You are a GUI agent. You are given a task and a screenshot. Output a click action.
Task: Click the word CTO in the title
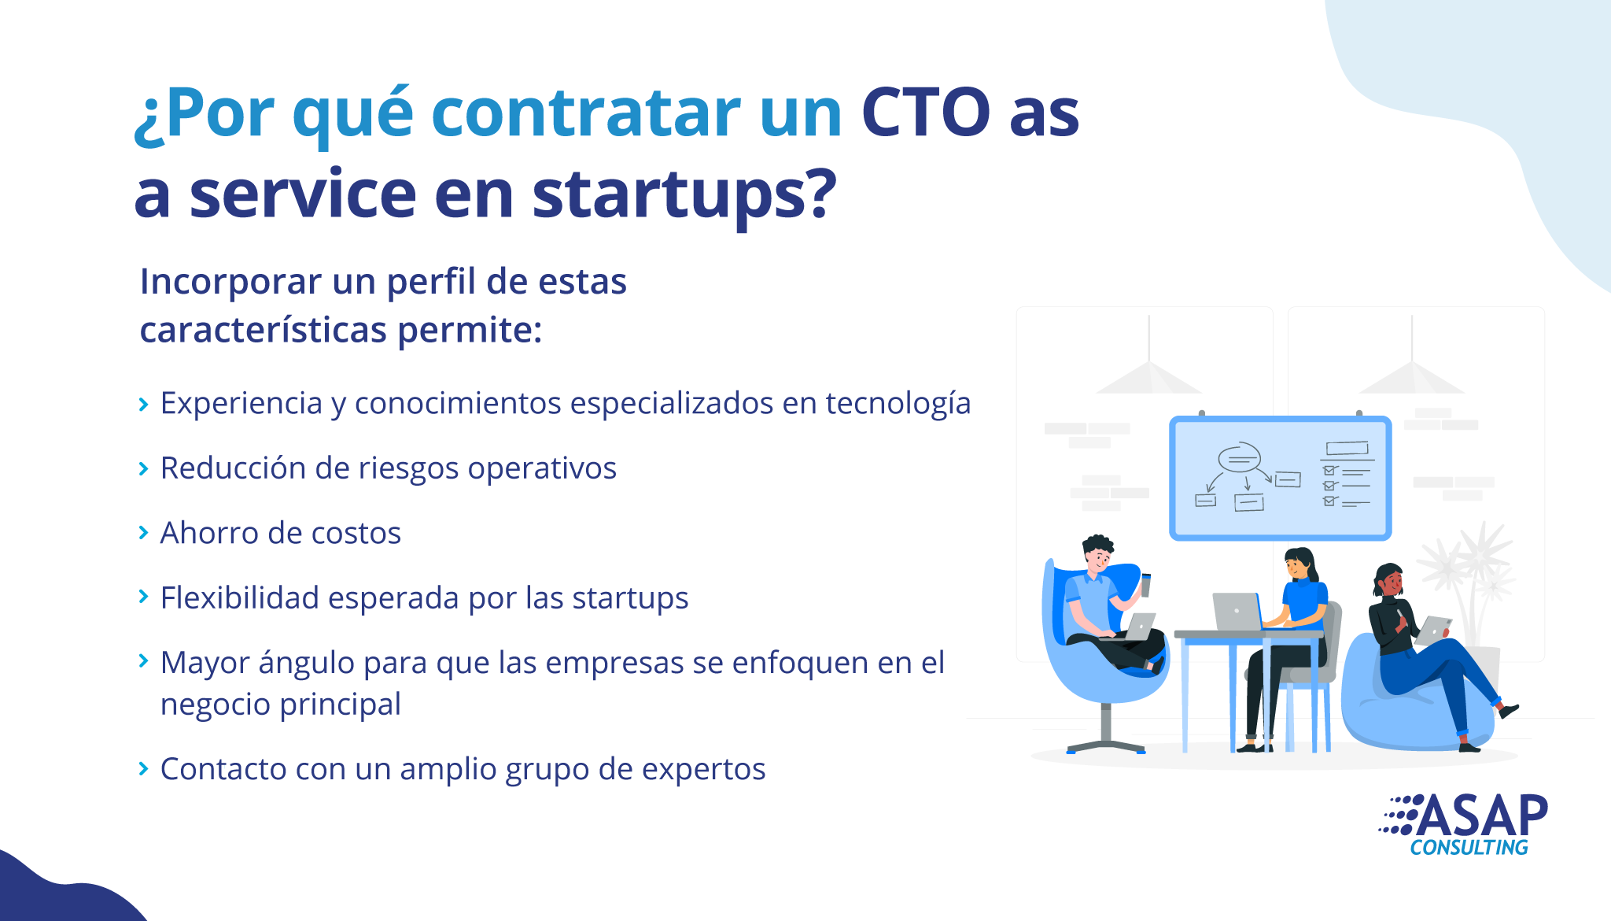pyautogui.click(x=926, y=112)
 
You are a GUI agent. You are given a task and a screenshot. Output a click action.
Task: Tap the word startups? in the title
pyautogui.click(x=684, y=194)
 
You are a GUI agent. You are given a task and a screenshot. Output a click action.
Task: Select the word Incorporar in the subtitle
pyautogui.click(x=230, y=282)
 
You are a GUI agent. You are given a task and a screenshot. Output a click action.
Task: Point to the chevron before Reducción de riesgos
pyautogui.click(x=143, y=469)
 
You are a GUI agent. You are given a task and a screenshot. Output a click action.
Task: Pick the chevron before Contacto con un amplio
pyautogui.click(x=143, y=768)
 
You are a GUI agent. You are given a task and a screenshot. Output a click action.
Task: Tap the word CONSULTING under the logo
pyautogui.click(x=1469, y=848)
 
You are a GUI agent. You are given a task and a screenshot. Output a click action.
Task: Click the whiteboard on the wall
pyautogui.click(x=1281, y=478)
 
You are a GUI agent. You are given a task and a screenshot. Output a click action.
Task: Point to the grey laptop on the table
pyautogui.click(x=1237, y=612)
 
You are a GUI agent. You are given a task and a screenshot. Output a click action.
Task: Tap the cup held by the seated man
pyautogui.click(x=1145, y=585)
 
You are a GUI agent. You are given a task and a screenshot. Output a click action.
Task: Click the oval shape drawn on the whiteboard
pyautogui.click(x=1239, y=457)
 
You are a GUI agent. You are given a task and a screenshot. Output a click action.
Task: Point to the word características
pyautogui.click(x=264, y=330)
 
